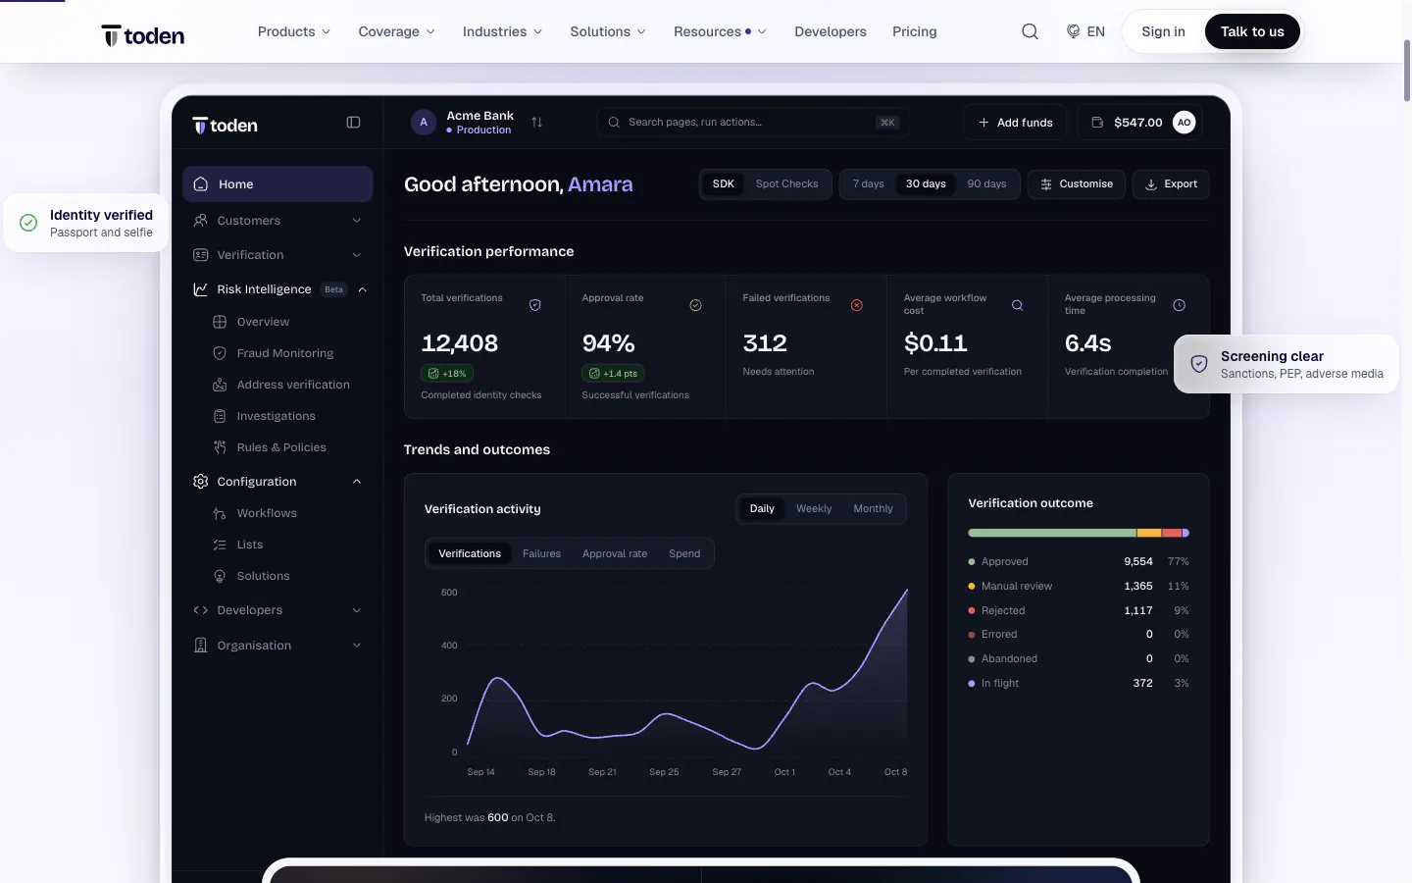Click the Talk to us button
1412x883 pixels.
[1252, 31]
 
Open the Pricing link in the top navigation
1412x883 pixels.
[914, 31]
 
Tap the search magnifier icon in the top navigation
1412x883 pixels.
[1030, 31]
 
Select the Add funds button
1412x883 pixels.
[1015, 123]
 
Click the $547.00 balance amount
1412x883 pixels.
[1137, 123]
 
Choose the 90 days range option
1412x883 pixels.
[986, 184]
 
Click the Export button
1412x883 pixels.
[1171, 184]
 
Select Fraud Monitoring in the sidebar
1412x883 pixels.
[285, 353]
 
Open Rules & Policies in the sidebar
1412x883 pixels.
[281, 447]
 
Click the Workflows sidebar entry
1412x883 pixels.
[267, 513]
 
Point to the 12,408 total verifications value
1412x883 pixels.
[460, 343]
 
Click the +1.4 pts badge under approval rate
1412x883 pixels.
[613, 374]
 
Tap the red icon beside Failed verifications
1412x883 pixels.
[857, 305]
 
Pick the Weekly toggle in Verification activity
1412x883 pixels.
[814, 509]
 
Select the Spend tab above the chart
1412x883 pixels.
[684, 553]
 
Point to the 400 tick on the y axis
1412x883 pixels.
[449, 646]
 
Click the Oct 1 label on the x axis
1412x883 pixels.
[784, 772]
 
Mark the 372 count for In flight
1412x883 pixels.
[1142, 683]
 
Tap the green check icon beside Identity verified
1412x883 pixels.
[28, 223]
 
